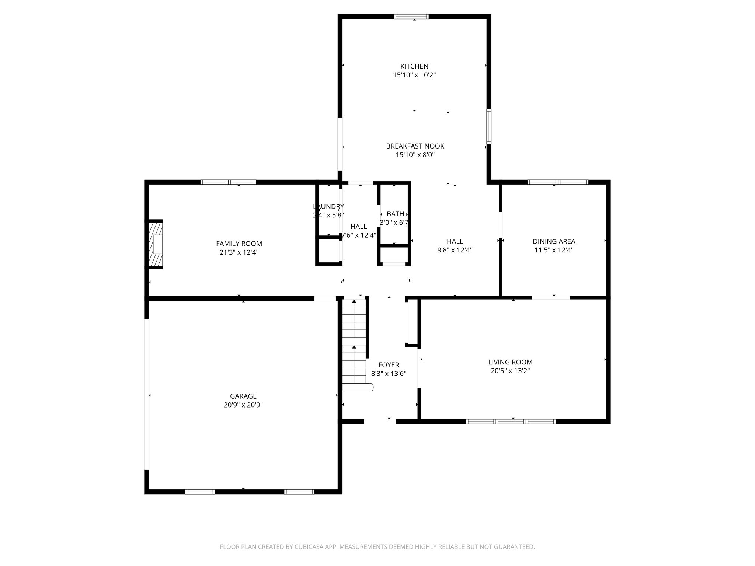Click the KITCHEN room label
[414, 66]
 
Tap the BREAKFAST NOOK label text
[415, 146]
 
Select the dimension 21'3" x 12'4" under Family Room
[239, 252]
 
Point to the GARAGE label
[243, 396]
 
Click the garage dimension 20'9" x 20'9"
[243, 405]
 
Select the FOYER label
[389, 365]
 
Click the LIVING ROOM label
[510, 362]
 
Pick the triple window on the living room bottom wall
[511, 421]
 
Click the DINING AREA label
[554, 241]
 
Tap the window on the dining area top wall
[558, 182]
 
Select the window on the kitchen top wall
[411, 17]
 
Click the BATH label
[395, 214]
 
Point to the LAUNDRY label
[328, 206]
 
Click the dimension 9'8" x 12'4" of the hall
[455, 250]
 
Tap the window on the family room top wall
[228, 182]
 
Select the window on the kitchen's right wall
[489, 126]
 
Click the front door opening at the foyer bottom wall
[380, 421]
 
